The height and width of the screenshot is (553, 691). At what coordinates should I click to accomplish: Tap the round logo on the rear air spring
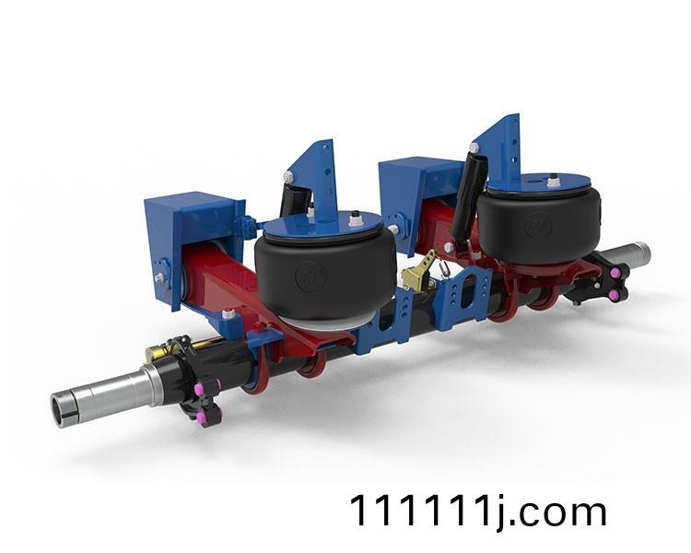[x=538, y=225]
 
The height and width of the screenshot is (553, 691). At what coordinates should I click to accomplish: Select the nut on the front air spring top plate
[x=354, y=217]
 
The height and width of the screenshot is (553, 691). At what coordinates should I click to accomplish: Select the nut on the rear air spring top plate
[x=552, y=180]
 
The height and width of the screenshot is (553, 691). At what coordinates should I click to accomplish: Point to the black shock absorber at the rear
[x=465, y=196]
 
